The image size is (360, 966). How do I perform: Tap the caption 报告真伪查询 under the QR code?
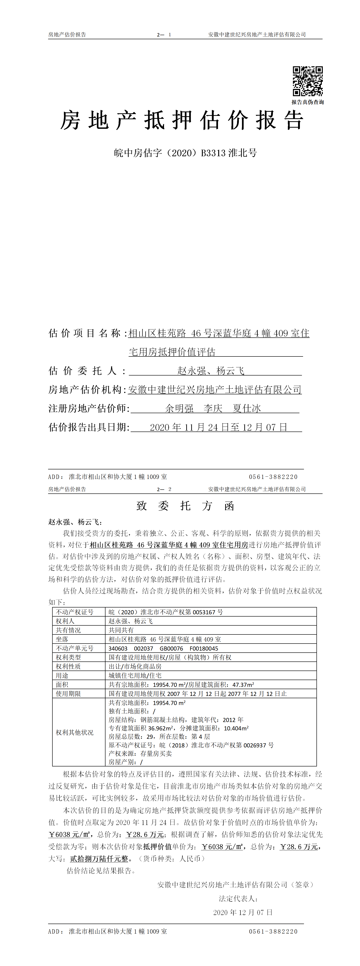click(308, 102)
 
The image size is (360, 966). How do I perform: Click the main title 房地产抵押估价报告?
click(182, 121)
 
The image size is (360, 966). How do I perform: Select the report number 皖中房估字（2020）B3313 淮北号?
click(185, 153)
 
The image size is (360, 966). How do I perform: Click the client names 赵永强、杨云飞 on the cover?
click(211, 371)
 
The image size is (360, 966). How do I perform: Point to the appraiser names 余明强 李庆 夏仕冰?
click(213, 408)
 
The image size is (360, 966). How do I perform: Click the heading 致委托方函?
click(185, 506)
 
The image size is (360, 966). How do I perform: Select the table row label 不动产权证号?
click(75, 612)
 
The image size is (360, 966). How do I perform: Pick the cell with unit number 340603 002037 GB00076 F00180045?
click(163, 648)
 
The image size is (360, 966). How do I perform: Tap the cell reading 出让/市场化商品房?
click(135, 666)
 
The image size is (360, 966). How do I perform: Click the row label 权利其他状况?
click(75, 732)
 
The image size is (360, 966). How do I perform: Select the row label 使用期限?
click(68, 694)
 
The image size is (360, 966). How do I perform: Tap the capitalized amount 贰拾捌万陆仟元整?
click(99, 859)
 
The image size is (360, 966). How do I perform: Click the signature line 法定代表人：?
click(238, 898)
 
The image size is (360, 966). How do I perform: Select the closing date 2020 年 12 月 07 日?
click(243, 912)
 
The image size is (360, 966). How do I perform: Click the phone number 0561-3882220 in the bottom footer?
click(273, 932)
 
